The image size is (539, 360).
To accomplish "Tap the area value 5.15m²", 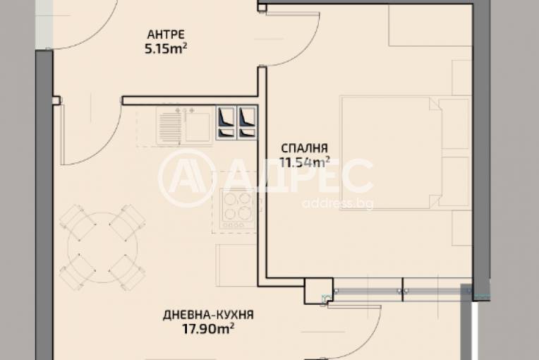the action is coord(166,49).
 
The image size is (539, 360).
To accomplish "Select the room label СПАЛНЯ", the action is coord(304,148).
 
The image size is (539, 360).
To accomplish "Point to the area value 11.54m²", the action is coord(304,162).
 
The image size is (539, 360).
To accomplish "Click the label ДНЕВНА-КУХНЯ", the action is coord(208,315).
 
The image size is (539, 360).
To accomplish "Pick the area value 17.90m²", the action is coord(208,329).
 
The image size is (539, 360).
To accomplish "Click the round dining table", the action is coord(102,246).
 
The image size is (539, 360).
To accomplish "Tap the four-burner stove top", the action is coord(238,210).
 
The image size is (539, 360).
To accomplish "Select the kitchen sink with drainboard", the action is coord(184,125).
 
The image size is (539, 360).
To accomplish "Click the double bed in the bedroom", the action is coord(406,152).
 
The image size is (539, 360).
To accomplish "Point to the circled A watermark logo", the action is coord(185,179).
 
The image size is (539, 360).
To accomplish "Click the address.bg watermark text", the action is coord(337,203).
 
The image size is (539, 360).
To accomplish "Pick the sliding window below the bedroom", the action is coord(402,291).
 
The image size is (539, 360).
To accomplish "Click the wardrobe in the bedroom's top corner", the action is coord(430,25).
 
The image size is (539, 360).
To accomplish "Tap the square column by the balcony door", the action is coord(319,291).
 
